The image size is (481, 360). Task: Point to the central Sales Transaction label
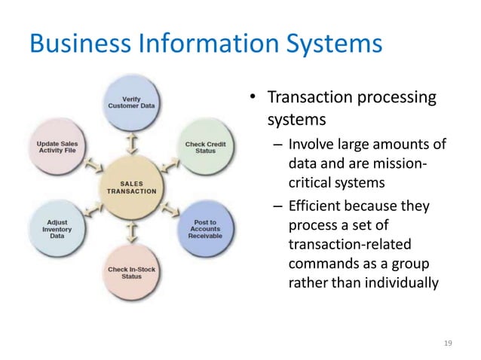coord(131,186)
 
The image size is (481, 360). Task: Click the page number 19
coord(449,343)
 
